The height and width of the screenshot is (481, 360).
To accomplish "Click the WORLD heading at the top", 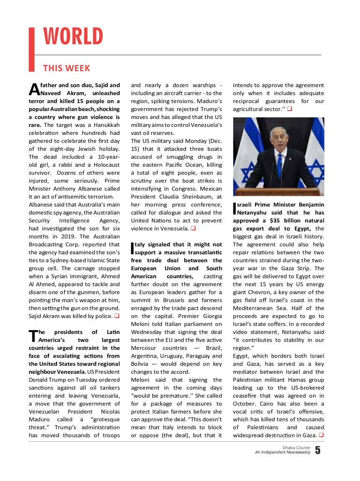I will pyautogui.click(x=73, y=37).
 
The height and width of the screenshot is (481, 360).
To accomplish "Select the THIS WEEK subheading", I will pyautogui.click(x=67, y=68).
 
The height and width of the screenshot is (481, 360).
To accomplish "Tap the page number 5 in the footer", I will pyautogui.click(x=318, y=451).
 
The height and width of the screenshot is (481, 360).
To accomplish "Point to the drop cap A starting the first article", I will pyautogui.click(x=33, y=89).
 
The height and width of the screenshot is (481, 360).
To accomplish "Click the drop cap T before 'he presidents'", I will pyautogui.click(x=32, y=336).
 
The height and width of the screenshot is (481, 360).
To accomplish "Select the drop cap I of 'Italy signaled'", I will pyautogui.click(x=132, y=248).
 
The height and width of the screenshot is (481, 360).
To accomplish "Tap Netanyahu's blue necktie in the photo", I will pyautogui.click(x=279, y=165).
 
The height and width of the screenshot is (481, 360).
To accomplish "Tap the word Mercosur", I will pyautogui.click(x=144, y=348).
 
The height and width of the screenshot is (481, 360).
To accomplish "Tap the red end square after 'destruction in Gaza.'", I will pyautogui.click(x=321, y=436).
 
